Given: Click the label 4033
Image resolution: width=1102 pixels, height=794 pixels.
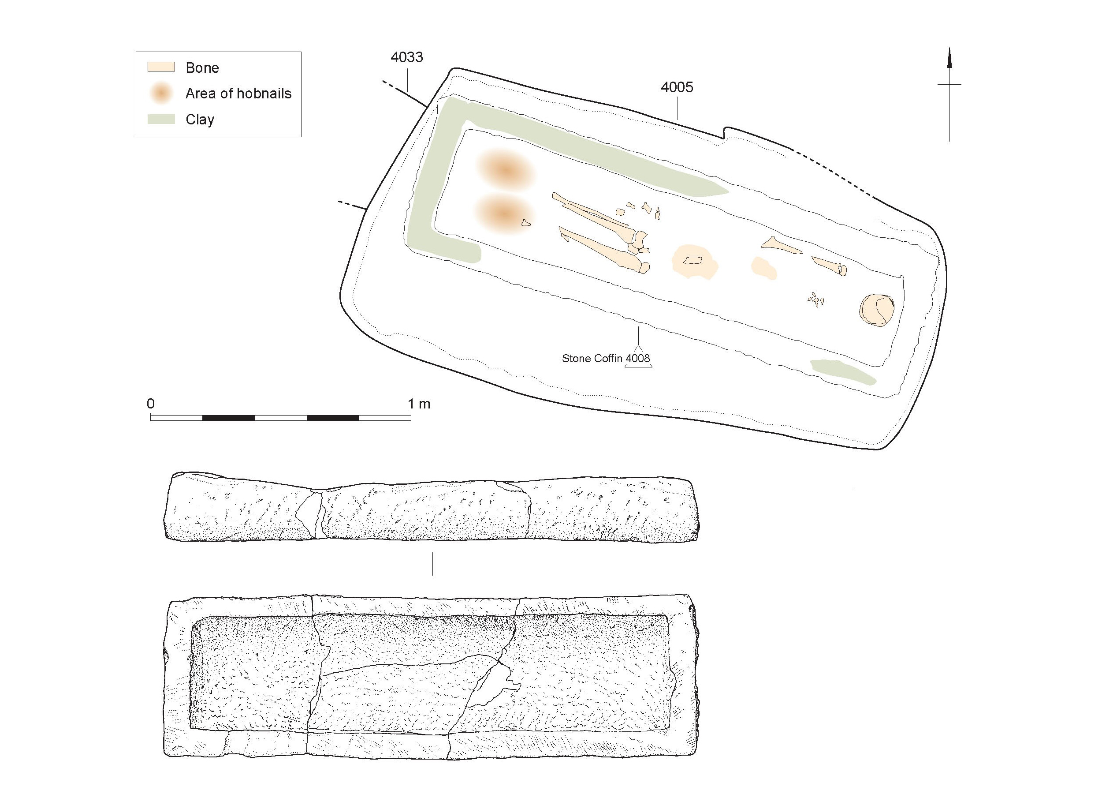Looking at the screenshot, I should tap(407, 57).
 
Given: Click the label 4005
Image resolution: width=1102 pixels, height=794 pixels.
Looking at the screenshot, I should tap(676, 87).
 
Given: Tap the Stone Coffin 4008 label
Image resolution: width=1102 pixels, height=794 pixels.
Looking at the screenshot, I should tap(605, 358).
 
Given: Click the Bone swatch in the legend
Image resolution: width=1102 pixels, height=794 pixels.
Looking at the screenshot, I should tap(161, 67).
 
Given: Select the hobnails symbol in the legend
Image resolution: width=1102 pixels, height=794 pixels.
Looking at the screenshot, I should tap(161, 93).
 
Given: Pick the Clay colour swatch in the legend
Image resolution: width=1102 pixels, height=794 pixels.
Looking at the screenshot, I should tap(161, 119).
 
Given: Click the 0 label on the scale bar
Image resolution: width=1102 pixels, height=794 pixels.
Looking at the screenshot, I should tap(151, 404).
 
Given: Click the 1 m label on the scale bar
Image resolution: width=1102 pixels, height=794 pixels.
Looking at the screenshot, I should tap(419, 404).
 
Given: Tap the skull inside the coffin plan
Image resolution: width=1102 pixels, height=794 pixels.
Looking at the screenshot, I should tap(877, 310).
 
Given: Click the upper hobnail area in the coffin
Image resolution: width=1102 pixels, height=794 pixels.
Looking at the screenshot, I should tap(505, 171).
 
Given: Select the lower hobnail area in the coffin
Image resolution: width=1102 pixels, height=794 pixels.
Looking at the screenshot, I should tap(503, 214).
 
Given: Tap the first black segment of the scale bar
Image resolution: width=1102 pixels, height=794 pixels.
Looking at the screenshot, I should tap(228, 418).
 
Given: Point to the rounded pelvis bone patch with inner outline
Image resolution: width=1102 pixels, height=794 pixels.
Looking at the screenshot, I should tap(694, 262).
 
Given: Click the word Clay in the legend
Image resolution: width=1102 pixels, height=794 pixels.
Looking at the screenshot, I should tap(200, 120).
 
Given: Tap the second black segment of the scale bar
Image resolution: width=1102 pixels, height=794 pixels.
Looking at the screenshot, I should tap(333, 418).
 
